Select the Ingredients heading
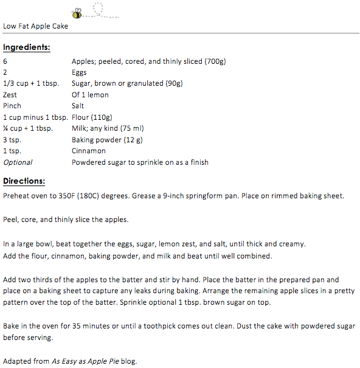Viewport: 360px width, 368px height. pyautogui.click(x=26, y=47)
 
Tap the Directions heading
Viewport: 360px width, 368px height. pyautogui.click(x=24, y=181)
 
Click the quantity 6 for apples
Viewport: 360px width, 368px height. pyautogui.click(x=5, y=61)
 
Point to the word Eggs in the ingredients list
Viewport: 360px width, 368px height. pyautogui.click(x=79, y=72)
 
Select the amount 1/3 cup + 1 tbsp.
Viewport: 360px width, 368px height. pyautogui.click(x=30, y=83)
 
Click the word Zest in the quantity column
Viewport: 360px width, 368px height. pyautogui.click(x=10, y=95)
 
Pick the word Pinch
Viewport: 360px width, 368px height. pyautogui.click(x=12, y=106)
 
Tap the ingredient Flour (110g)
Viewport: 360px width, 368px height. pyautogui.click(x=92, y=117)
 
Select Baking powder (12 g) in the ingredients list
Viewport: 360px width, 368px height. pyautogui.click(x=106, y=140)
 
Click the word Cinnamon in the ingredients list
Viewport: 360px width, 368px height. pyautogui.click(x=89, y=151)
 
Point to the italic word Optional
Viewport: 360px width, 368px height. pyautogui.click(x=18, y=162)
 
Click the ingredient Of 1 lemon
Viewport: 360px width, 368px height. pyautogui.click(x=90, y=95)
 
